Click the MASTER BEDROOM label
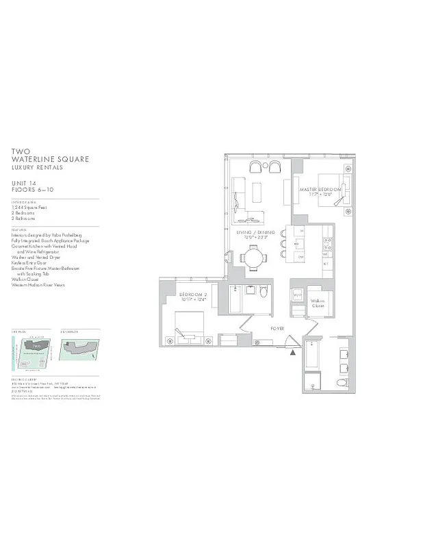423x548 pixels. coord(320,189)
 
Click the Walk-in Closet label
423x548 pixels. coord(318,303)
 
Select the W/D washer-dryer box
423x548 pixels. coord(298,296)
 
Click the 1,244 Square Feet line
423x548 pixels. coord(31,206)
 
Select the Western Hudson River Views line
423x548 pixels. coord(38,284)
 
